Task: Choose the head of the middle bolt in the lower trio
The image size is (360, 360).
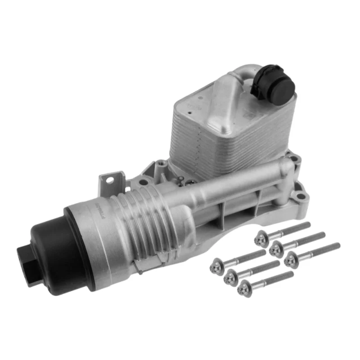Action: pyautogui.click(x=231, y=276)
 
